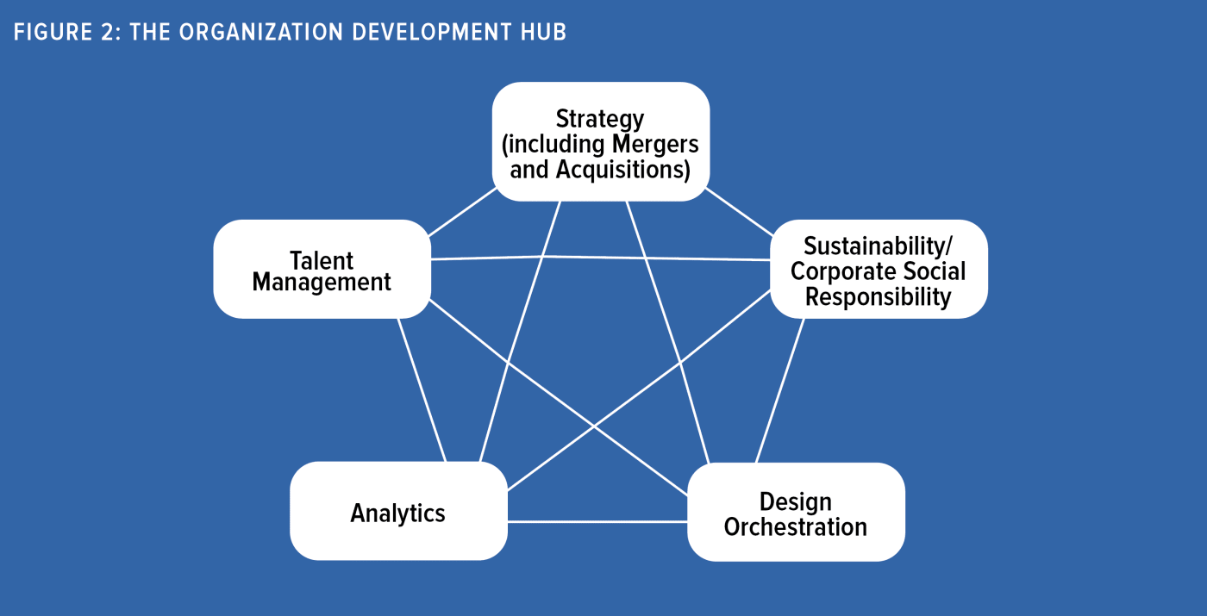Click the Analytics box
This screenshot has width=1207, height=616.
398,511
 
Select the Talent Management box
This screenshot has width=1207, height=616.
322,269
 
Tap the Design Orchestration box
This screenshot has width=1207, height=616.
796,512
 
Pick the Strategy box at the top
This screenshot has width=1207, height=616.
601,141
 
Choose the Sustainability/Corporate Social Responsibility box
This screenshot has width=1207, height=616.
879,269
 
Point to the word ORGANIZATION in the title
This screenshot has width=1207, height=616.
261,33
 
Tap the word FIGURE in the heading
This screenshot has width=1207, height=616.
53,33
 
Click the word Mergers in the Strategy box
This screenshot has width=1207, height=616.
655,145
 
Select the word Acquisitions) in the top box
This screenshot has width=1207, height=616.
622,170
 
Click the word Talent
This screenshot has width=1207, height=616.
322,260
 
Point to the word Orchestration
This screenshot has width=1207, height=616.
795,526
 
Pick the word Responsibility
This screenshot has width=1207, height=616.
879,296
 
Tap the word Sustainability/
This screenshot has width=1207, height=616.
879,246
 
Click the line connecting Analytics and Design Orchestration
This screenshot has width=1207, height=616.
597,521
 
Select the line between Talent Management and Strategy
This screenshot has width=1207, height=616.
462,212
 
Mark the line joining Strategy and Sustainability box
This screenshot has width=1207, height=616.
740,212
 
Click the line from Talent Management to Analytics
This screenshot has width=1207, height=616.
422,390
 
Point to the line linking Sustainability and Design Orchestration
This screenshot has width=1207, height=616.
779,390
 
